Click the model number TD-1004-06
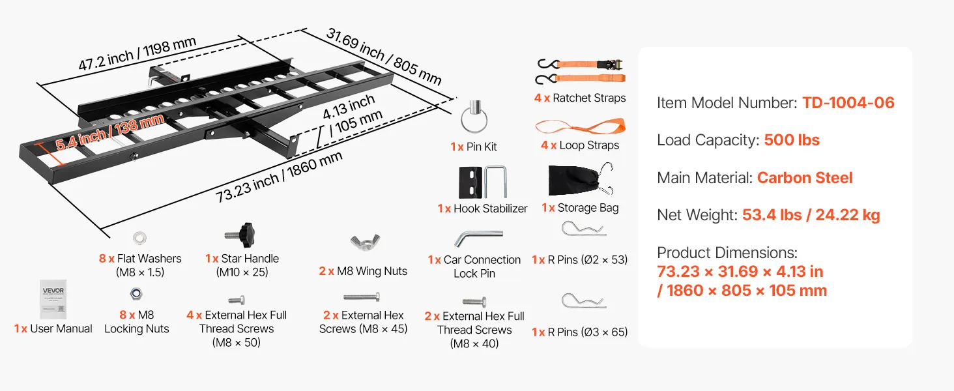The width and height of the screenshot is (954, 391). pyautogui.click(x=848, y=103)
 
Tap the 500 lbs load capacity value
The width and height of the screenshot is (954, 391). pyautogui.click(x=792, y=140)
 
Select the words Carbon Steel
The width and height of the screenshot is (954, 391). pyautogui.click(x=805, y=178)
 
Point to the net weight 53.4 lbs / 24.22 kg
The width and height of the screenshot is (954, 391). pyautogui.click(x=811, y=215)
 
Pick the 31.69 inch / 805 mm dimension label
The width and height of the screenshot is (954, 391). pyautogui.click(x=384, y=56)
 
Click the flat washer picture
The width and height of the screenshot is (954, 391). pyautogui.click(x=139, y=237)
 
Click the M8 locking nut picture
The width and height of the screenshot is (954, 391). pyautogui.click(x=136, y=294)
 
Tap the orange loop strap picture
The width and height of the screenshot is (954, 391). pyautogui.click(x=579, y=125)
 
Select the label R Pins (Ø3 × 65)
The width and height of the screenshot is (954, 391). pyautogui.click(x=579, y=332)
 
